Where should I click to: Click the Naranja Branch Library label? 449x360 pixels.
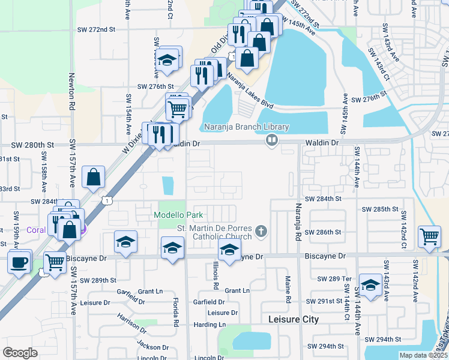[x=246, y=127]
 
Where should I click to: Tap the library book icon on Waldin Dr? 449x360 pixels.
[x=272, y=140]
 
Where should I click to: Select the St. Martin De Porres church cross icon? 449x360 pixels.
[x=261, y=230]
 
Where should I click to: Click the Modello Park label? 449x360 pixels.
[x=178, y=215]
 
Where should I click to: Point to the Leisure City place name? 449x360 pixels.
[x=294, y=319]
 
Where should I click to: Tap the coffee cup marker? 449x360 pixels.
[x=19, y=260]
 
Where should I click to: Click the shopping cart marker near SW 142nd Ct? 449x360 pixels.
[x=429, y=236]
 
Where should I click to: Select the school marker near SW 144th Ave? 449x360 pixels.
[x=370, y=284]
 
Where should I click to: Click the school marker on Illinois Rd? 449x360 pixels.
[x=229, y=251]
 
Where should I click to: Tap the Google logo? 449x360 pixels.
[x=20, y=353]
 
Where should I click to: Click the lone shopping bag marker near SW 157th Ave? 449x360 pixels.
[x=94, y=177]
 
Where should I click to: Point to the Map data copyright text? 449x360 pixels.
[x=423, y=355]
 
